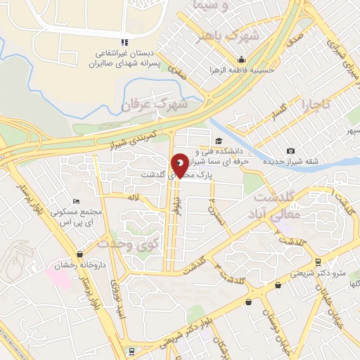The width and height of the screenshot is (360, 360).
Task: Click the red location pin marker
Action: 181,166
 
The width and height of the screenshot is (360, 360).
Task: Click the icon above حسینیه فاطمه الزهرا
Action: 241,60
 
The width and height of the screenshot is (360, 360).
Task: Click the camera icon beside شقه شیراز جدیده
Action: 290,151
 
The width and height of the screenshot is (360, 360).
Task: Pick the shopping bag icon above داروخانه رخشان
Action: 82,254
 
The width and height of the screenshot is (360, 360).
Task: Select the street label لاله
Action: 132,198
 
